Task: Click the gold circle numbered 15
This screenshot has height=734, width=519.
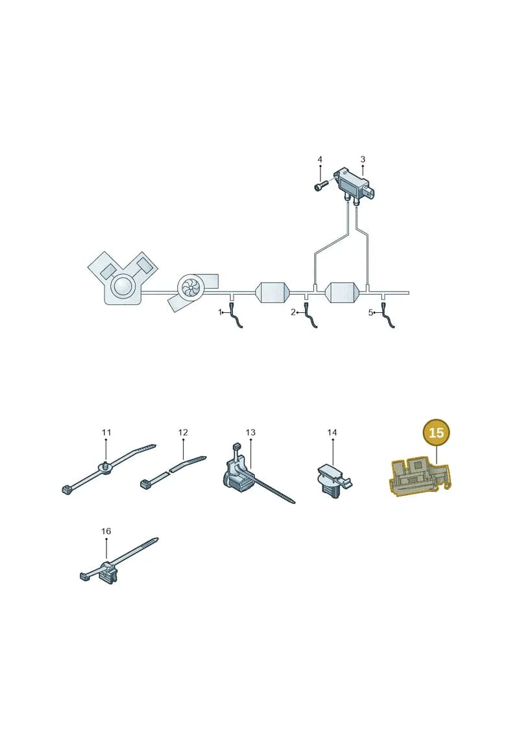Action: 436,432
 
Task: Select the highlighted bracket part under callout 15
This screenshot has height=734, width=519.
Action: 420,476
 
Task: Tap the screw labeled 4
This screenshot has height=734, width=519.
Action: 320,186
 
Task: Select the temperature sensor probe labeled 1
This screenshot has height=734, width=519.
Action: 236,316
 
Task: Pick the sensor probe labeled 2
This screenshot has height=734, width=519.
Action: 311,316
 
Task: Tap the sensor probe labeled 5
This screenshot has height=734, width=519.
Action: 388,316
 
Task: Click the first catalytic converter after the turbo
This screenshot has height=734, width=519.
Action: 272,293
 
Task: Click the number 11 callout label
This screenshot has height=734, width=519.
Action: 106,432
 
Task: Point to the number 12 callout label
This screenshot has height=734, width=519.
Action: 183,432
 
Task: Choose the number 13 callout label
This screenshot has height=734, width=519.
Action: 250,432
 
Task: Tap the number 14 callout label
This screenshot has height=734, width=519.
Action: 332,432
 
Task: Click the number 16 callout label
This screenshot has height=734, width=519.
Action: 106,531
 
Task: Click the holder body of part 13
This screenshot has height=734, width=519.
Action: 239,476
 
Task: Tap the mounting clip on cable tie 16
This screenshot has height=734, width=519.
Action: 108,574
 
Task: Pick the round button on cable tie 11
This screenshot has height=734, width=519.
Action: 105,467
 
